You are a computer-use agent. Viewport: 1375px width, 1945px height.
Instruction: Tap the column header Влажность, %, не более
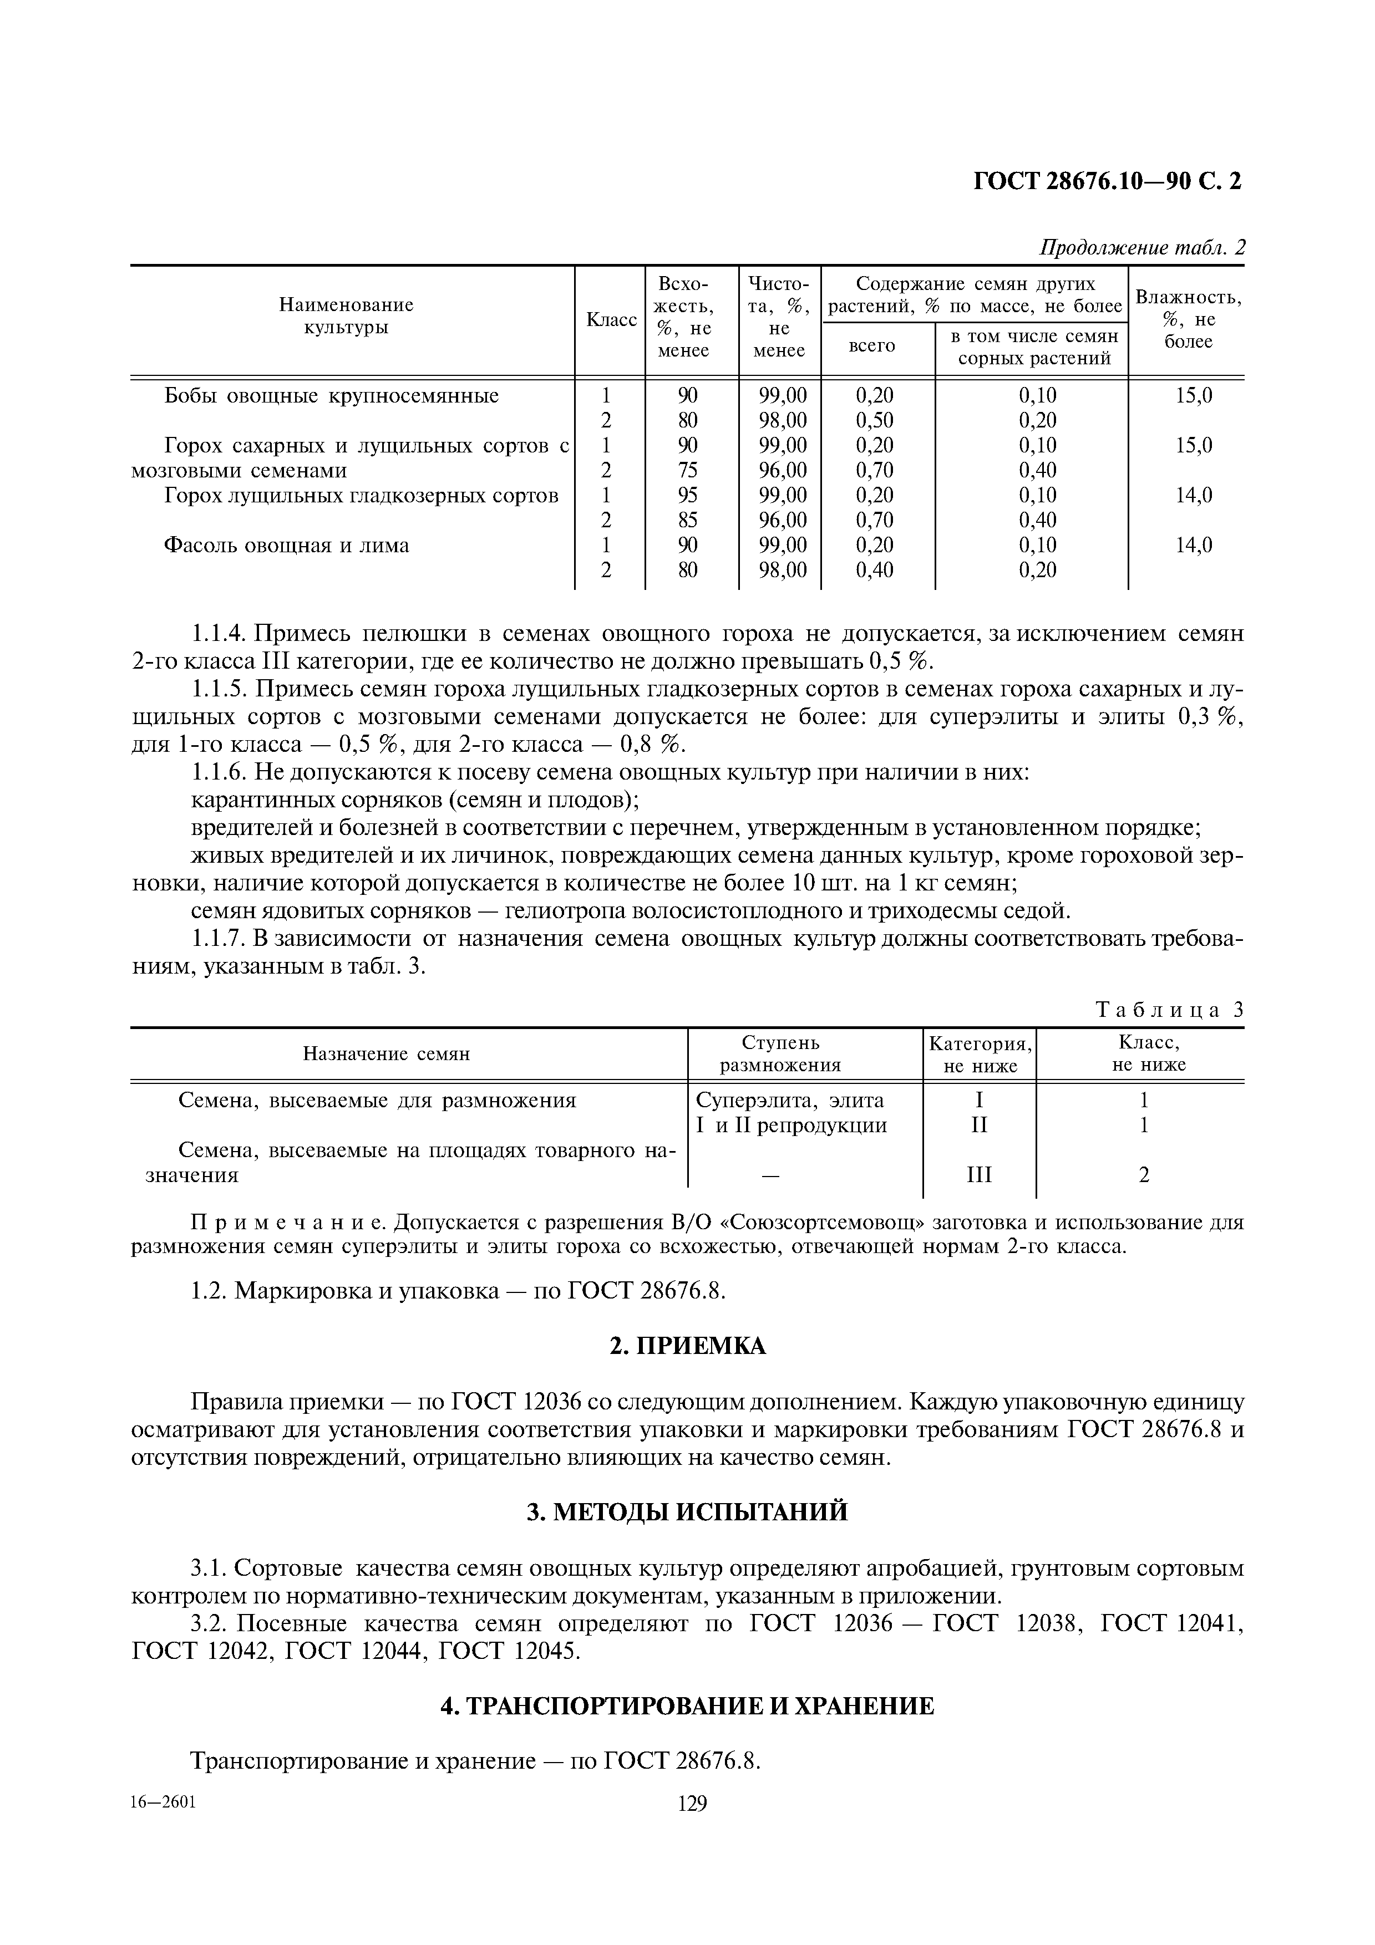pyautogui.click(x=1188, y=319)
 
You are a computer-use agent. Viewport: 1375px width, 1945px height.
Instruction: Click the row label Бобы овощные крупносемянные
pyautogui.click(x=331, y=396)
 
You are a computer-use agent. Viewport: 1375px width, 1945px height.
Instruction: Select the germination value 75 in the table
pyautogui.click(x=687, y=470)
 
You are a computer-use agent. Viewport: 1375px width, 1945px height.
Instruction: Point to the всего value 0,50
pyautogui.click(x=874, y=420)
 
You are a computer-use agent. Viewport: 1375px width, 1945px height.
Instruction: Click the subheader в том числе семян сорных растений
pyautogui.click(x=1033, y=347)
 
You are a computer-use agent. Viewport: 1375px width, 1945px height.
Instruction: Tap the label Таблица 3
pyautogui.click(x=1169, y=1009)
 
